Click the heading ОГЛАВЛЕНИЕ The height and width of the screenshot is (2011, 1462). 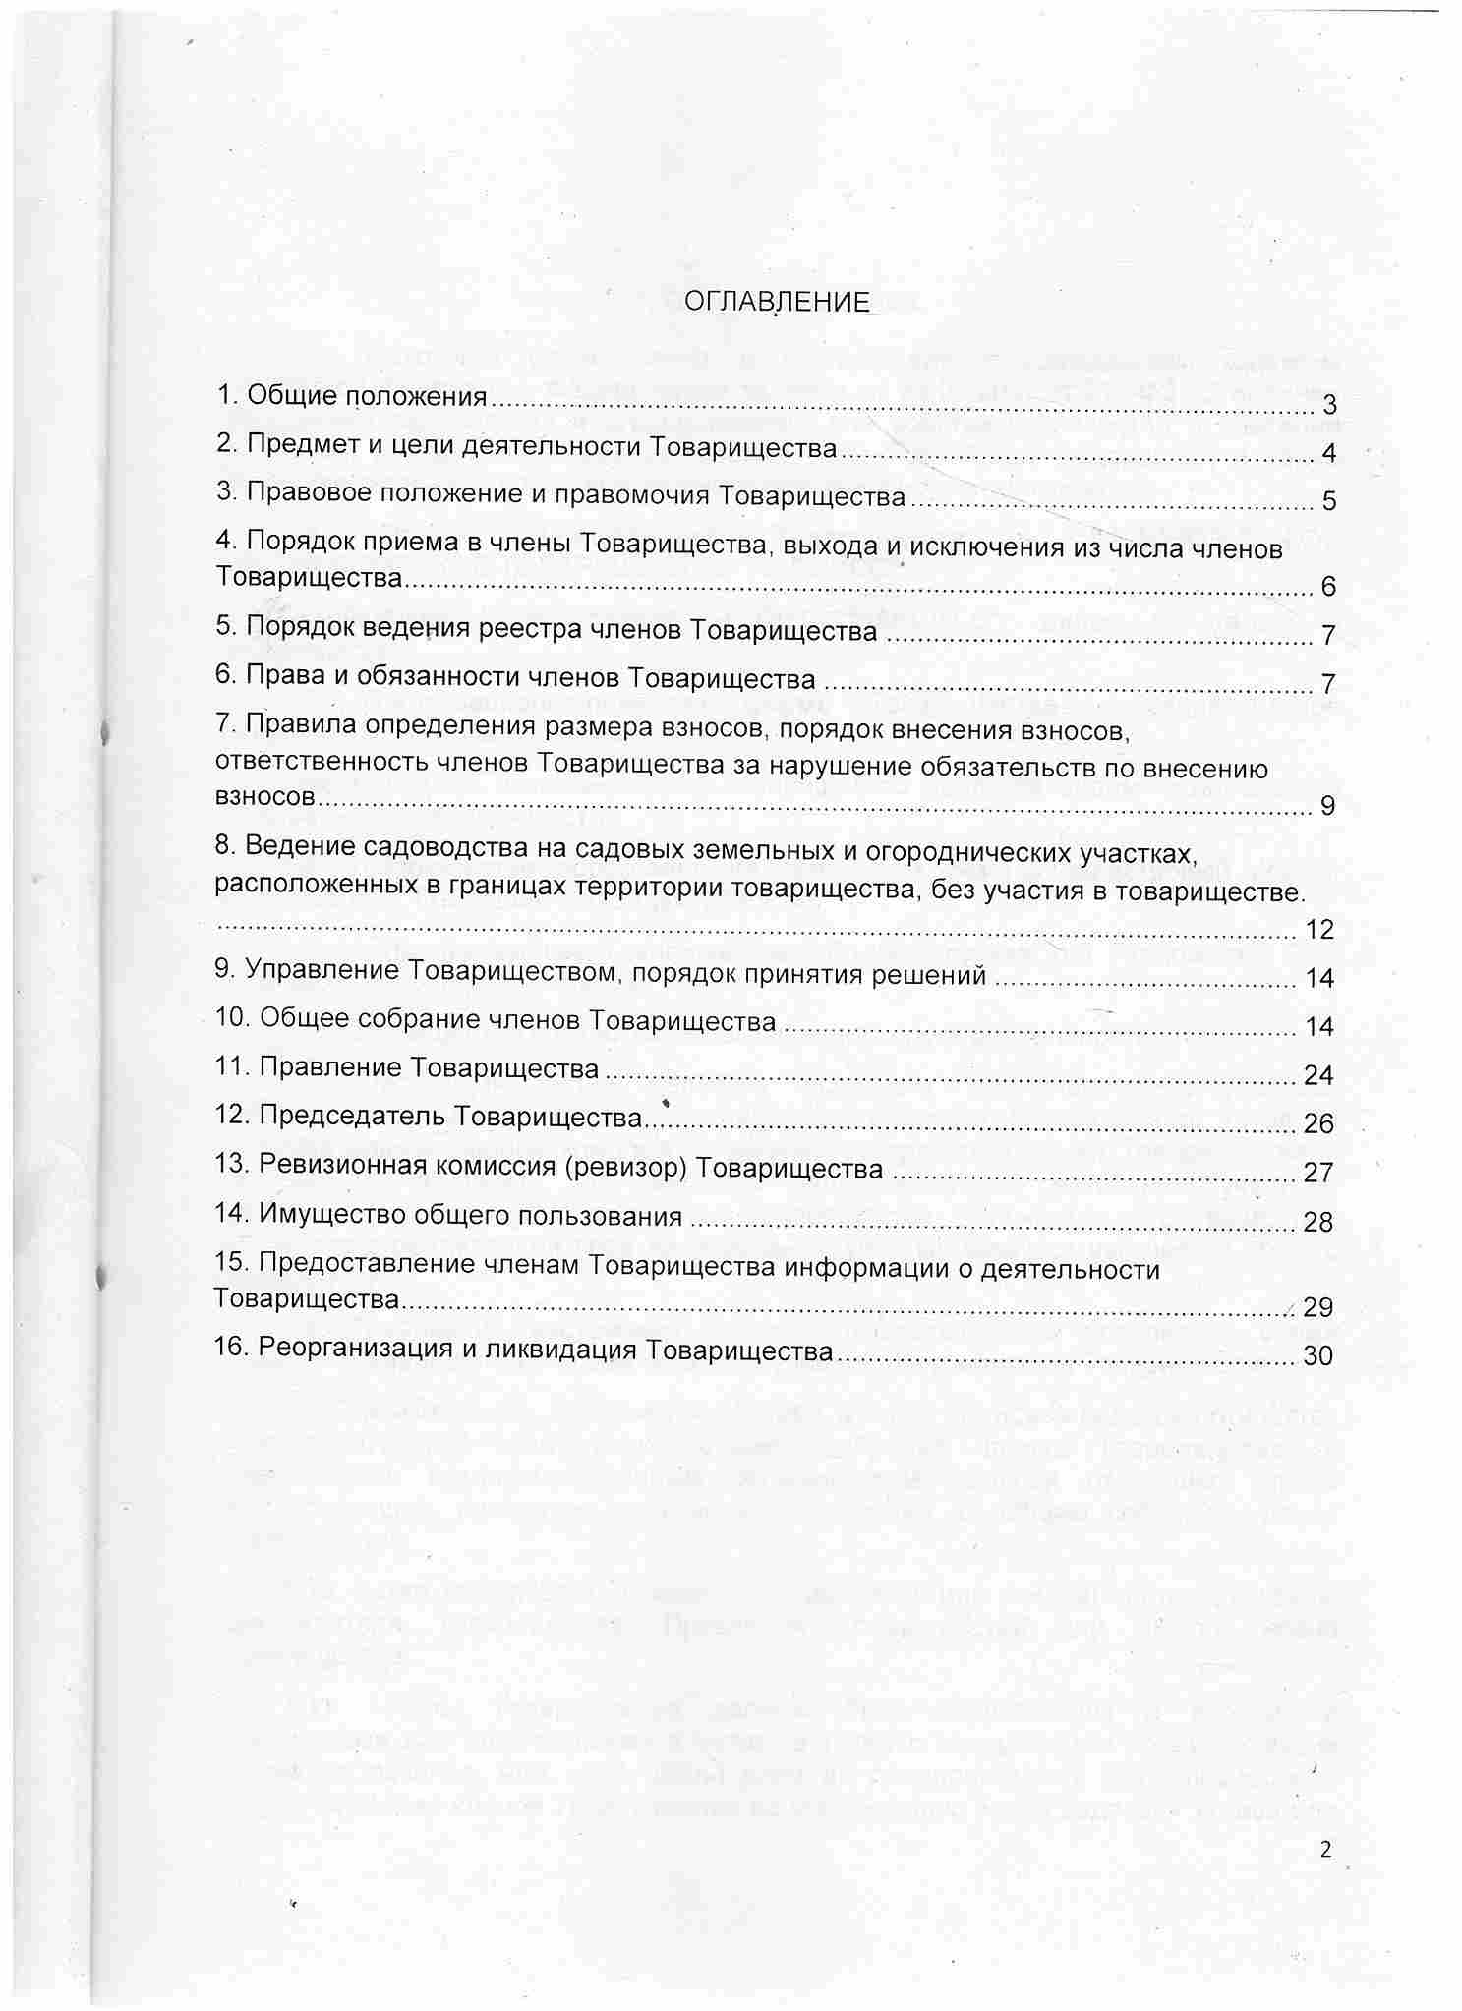777,302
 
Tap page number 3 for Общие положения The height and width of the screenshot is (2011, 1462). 1328,405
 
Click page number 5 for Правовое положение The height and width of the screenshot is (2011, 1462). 1328,501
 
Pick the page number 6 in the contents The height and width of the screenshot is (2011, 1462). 1328,587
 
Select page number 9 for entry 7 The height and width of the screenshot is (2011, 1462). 1328,806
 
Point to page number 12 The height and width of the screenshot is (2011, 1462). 1318,929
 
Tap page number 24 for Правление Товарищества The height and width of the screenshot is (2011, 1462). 1318,1075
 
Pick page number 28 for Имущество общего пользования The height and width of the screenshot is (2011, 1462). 1318,1222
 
